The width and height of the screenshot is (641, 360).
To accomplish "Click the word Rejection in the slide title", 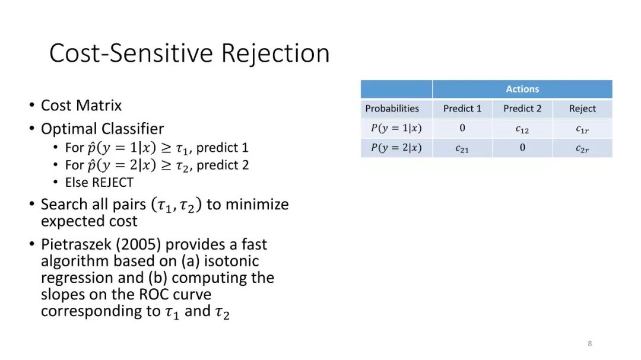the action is tap(275, 53).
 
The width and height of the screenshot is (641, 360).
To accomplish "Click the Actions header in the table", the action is tap(522, 89).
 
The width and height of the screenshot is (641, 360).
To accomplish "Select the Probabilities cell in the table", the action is tap(392, 109).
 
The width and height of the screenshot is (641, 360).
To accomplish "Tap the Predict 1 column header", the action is tap(462, 109).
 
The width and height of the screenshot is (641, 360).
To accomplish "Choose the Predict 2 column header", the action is tap(522, 109).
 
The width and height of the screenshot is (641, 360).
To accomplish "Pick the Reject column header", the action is tap(582, 109).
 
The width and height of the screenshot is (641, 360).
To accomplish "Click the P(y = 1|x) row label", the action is tap(396, 128).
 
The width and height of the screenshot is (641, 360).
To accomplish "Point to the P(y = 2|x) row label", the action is tap(396, 148).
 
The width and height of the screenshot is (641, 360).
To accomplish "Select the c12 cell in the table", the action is tap(522, 129).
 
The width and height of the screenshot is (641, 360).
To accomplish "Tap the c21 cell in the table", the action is tap(462, 149).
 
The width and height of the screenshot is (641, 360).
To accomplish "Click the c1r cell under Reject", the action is tap(582, 129).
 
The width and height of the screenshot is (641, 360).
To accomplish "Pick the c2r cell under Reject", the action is tap(582, 149).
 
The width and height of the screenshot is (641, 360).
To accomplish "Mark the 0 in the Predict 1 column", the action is tap(462, 128).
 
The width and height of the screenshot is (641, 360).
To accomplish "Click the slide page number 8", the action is tap(589, 343).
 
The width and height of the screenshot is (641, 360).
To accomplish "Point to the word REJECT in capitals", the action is tap(111, 182).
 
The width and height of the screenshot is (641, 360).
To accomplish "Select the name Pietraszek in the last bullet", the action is tap(76, 244).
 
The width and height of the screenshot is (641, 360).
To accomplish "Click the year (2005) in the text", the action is tap(138, 244).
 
